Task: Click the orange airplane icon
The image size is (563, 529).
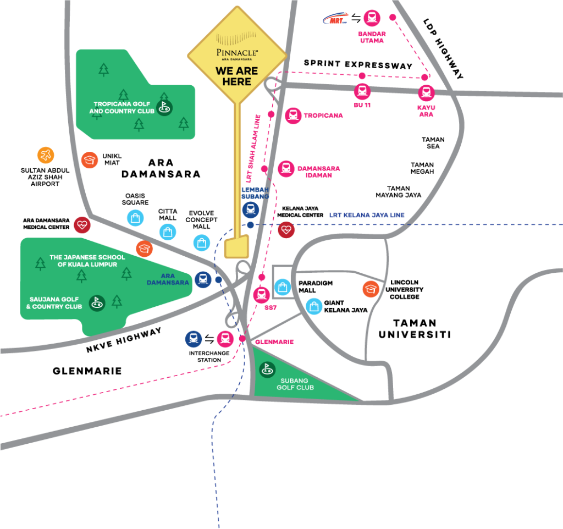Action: [x=46, y=155]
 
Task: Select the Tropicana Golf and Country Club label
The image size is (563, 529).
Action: [x=122, y=107]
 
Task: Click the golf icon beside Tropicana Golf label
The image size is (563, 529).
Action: [x=164, y=107]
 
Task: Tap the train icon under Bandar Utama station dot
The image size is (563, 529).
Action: [x=372, y=18]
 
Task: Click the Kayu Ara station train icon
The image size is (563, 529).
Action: [x=426, y=92]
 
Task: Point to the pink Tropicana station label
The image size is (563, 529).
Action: [x=323, y=115]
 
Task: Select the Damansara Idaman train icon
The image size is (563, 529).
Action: [x=286, y=168]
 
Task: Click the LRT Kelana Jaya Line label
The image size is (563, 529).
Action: [x=367, y=215]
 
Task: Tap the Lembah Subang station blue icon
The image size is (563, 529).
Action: [x=250, y=210]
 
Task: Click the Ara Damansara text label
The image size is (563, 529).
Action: [x=168, y=279]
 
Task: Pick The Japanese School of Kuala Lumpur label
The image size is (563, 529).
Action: [x=87, y=261]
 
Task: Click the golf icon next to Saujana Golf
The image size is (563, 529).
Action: [x=97, y=302]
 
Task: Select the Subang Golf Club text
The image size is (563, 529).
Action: [x=295, y=384]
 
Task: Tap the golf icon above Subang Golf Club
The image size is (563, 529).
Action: [x=267, y=369]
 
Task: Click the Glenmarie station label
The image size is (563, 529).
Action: [x=274, y=341]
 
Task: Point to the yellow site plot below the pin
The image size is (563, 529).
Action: [x=237, y=247]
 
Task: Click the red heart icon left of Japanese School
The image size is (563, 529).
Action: [x=82, y=224]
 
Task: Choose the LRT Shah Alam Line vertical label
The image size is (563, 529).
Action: [x=252, y=148]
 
